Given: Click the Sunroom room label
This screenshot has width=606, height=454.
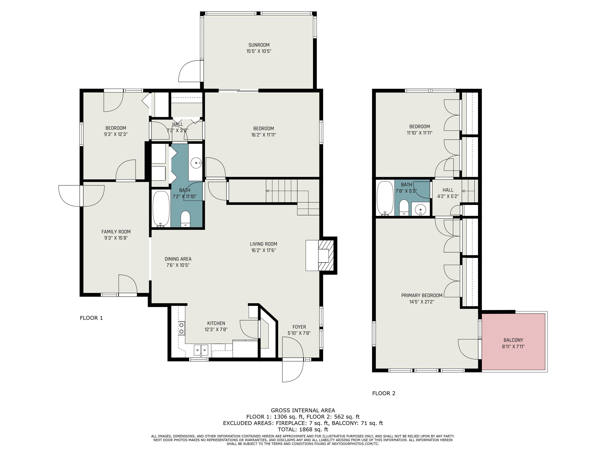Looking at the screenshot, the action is [259, 45].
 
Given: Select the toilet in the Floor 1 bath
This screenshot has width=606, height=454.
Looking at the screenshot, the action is [185, 219].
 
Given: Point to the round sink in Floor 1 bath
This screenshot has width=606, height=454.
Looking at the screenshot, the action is [196, 163].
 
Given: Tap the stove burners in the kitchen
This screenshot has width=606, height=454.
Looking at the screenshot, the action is [181, 328].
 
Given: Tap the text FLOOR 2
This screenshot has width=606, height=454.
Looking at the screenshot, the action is [384, 393].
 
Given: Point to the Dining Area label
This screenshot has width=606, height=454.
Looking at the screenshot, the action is [178, 259].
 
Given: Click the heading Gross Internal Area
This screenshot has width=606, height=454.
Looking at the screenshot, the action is [303, 410].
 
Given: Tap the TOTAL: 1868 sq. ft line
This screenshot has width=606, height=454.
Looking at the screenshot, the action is [303, 429].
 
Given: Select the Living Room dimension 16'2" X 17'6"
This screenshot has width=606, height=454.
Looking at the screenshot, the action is [263, 250].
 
